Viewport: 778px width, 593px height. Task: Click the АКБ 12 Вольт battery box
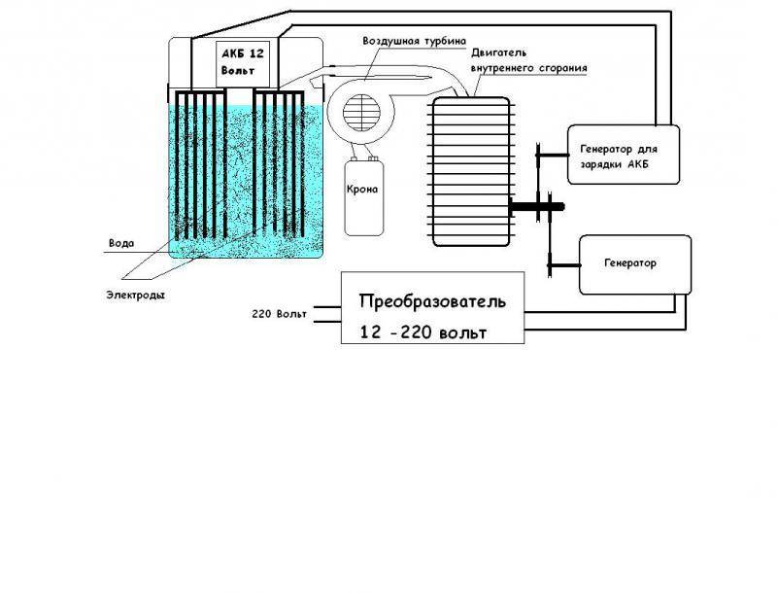pos(243,64)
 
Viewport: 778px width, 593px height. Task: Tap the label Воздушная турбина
pos(415,41)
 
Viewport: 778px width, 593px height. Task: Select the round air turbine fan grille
pos(361,113)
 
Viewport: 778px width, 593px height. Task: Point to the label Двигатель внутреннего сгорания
pos(529,60)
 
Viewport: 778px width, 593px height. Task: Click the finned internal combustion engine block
pos(471,172)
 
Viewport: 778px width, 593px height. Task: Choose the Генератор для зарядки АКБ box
pos(624,155)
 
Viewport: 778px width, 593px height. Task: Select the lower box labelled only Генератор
pos(635,264)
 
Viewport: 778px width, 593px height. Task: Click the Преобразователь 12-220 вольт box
pos(432,307)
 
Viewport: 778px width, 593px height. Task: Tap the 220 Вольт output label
pos(280,314)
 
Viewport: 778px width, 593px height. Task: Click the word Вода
pos(121,243)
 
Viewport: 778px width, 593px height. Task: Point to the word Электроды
pos(135,295)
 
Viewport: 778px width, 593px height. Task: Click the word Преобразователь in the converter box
pos(432,301)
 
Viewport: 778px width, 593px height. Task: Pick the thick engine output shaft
pos(537,206)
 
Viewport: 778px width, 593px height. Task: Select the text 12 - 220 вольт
pos(423,332)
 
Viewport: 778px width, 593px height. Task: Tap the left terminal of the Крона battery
pos(354,158)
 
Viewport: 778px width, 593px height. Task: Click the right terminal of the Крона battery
pos(374,158)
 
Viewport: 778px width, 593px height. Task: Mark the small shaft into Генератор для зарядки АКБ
pos(553,155)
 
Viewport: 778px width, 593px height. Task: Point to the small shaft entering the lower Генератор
pos(564,265)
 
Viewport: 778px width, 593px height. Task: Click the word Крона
pos(362,190)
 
